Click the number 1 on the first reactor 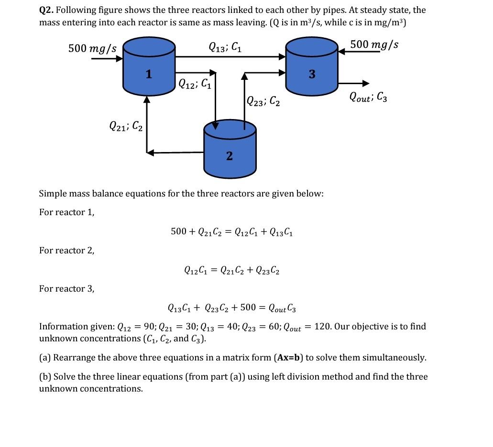click(149, 74)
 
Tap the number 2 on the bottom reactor click(230, 156)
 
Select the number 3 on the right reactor click(312, 74)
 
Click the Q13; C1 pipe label click(225, 47)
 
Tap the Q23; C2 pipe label click(263, 101)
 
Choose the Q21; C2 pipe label click(126, 126)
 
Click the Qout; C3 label click(368, 97)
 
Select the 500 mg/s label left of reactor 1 click(92, 48)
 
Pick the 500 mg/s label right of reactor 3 click(374, 44)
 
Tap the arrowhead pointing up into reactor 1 click(147, 99)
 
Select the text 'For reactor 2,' click(67, 251)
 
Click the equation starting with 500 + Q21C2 click(232, 232)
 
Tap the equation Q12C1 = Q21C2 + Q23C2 click(232, 270)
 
